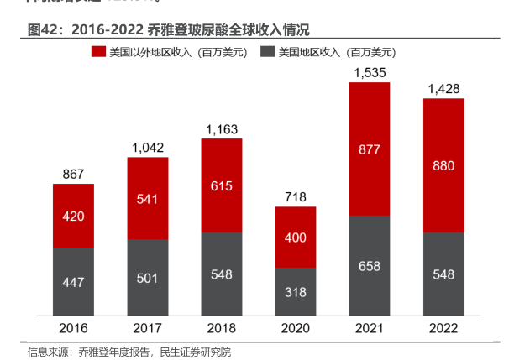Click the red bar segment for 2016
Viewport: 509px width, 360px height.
(x=74, y=216)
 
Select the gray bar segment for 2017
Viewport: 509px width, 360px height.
(x=148, y=277)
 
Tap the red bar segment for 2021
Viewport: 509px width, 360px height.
(x=370, y=149)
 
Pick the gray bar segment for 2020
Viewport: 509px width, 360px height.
(x=296, y=291)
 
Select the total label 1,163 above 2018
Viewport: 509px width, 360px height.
(x=222, y=130)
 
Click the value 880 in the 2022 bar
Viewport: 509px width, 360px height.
(x=444, y=165)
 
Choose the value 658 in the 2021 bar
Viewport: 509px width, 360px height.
(x=370, y=266)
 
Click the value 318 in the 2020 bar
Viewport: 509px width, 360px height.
(x=296, y=292)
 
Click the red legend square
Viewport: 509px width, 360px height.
(x=97, y=52)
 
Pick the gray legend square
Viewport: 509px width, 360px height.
(x=268, y=52)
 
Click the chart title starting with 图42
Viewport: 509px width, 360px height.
(x=168, y=30)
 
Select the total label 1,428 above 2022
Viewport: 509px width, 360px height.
(x=444, y=89)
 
